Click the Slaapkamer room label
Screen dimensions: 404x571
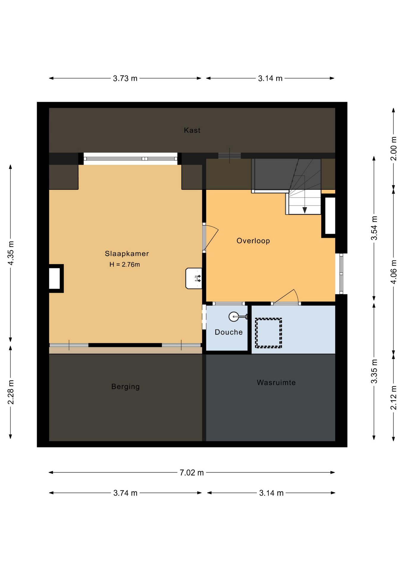pyautogui.click(x=127, y=254)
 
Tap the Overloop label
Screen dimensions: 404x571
pyautogui.click(x=253, y=241)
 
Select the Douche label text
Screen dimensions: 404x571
pyautogui.click(x=228, y=332)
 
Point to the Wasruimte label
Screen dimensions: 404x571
pyautogui.click(x=276, y=382)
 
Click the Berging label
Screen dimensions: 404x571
pyautogui.click(x=126, y=387)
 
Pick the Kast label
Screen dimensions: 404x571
pyautogui.click(x=192, y=130)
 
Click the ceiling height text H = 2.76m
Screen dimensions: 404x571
pyautogui.click(x=125, y=264)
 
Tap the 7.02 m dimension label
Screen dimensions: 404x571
pyautogui.click(x=192, y=473)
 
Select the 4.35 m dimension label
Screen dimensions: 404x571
pyautogui.click(x=11, y=253)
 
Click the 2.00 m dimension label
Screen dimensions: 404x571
pyautogui.click(x=394, y=148)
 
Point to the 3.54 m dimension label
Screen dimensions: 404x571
pyautogui.click(x=374, y=228)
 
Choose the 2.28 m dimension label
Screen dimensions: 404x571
pyautogui.click(x=11, y=392)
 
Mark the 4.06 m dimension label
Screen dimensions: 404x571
pyautogui.click(x=394, y=272)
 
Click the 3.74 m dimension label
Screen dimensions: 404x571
pyautogui.click(x=125, y=493)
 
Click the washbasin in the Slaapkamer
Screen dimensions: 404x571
pyautogui.click(x=194, y=278)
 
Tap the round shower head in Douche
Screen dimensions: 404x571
pyautogui.click(x=234, y=317)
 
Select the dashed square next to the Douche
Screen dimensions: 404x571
pyautogui.click(x=268, y=333)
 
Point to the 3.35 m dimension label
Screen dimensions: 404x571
pyautogui.click(x=374, y=371)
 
